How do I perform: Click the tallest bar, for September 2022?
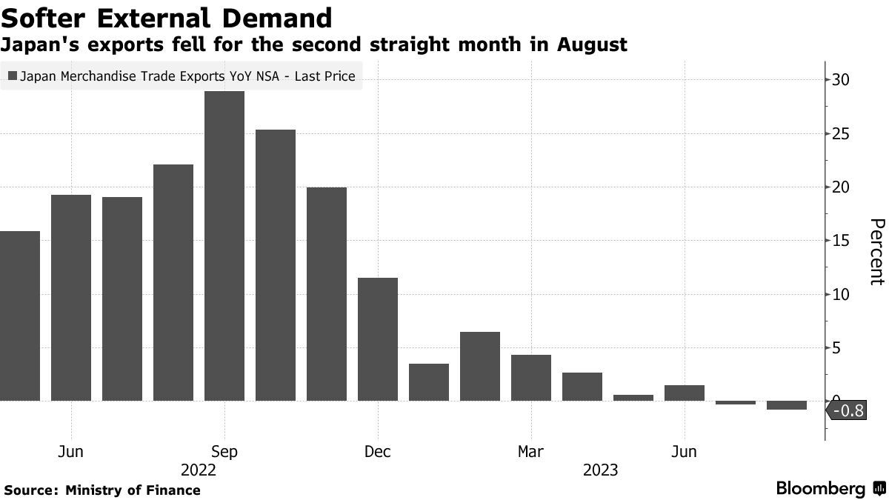coord(224,246)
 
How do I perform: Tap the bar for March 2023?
coord(531,378)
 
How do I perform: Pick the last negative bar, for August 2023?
coord(786,405)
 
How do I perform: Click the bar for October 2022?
coord(276,265)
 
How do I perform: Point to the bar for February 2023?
coord(480,366)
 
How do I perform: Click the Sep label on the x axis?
coord(224,451)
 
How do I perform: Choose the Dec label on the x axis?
coord(378,451)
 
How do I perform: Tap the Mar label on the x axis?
coord(531,451)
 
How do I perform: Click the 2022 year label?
coord(199,470)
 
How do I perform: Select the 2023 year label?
coord(600,470)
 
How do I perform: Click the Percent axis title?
coord(876,252)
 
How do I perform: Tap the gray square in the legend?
coord(11,76)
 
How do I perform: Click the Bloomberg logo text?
coord(820,489)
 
